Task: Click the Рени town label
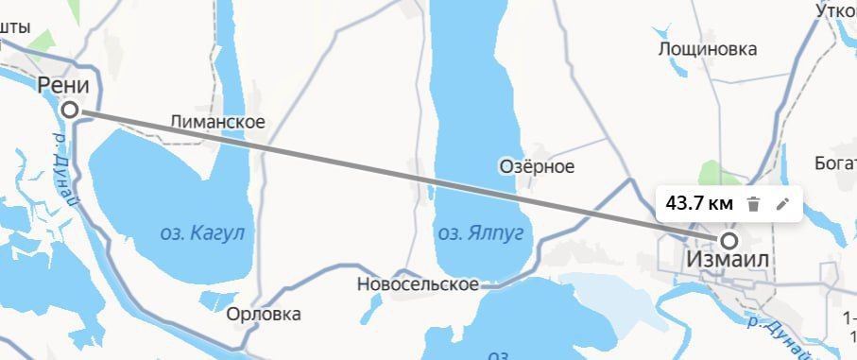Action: coord(64,86)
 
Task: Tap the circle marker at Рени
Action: coord(70,111)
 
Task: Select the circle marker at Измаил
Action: coord(728,240)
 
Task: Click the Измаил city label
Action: coord(728,260)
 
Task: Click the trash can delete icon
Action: coord(753,203)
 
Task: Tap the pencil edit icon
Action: coord(782,203)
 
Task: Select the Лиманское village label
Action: coord(217,122)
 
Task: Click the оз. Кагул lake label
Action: coord(204,231)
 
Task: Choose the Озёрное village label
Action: coord(537,166)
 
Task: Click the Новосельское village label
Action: coord(418,283)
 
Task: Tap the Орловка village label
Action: coord(264,314)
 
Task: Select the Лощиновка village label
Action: coord(708,48)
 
